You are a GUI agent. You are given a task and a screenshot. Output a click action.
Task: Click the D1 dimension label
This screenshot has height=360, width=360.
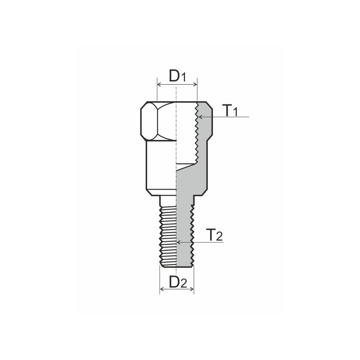pyautogui.click(x=177, y=76)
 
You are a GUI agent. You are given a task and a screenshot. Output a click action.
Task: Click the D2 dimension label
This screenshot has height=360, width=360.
pyautogui.click(x=177, y=282)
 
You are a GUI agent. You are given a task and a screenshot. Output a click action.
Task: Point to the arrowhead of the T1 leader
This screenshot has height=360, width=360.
pyautogui.click(x=201, y=117)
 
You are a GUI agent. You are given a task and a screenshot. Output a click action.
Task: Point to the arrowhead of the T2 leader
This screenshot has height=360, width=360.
pyautogui.click(x=179, y=242)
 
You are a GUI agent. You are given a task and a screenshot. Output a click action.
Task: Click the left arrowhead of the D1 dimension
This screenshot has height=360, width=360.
pyautogui.click(x=158, y=84)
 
